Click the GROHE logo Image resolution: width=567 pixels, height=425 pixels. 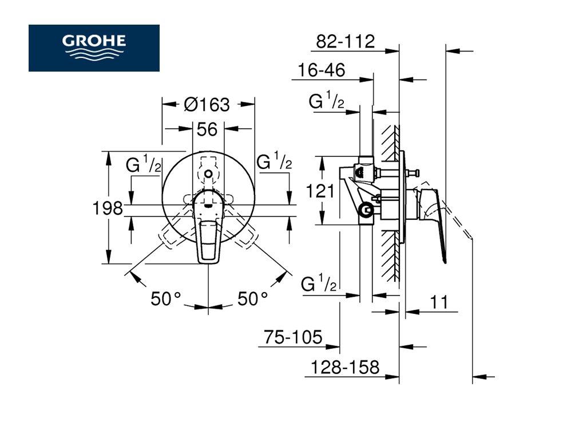click(x=94, y=48)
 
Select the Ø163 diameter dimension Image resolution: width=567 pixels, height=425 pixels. click(x=207, y=105)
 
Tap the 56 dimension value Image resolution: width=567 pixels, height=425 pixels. click(x=207, y=130)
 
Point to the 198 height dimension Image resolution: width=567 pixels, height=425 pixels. click(x=108, y=208)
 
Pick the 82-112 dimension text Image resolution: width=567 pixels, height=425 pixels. click(x=345, y=41)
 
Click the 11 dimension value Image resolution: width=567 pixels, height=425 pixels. click(x=439, y=302)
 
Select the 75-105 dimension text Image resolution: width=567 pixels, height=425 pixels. click(x=292, y=337)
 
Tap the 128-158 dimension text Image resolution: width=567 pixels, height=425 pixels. click(x=342, y=367)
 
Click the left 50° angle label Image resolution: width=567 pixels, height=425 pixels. click(x=166, y=298)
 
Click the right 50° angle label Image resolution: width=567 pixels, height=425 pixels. click(x=252, y=298)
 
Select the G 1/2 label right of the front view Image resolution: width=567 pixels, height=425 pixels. click(x=274, y=162)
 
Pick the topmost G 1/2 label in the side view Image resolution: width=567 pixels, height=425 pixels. click(x=326, y=102)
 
